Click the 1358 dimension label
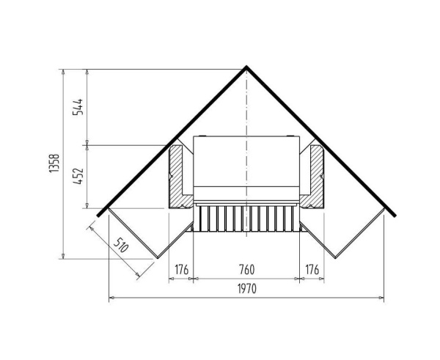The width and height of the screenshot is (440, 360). pos(54,163)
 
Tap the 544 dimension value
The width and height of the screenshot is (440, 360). pos(78,106)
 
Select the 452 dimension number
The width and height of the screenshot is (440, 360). pos(78,176)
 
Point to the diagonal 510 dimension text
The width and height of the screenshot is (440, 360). pos(122,245)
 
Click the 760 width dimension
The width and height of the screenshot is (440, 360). pos(247,270)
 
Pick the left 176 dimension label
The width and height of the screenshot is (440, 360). pos(182,270)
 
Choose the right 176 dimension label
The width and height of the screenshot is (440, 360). pos(312,270)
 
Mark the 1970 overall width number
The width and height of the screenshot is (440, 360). pos(247,288)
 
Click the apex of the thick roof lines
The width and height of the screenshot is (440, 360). pos(246,67)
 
